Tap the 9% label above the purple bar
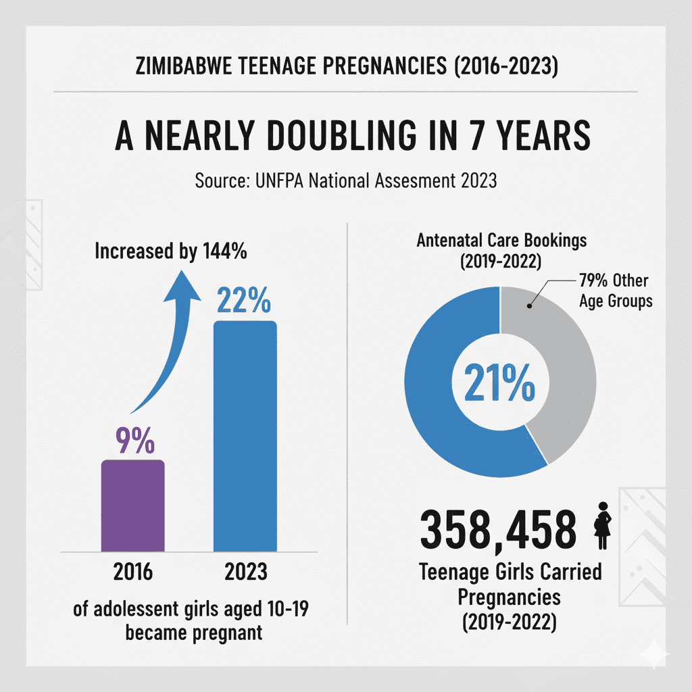(x=133, y=440)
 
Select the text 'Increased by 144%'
(x=170, y=252)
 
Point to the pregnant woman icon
(x=601, y=530)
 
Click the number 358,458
(x=498, y=531)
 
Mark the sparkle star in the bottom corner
(x=656, y=656)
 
